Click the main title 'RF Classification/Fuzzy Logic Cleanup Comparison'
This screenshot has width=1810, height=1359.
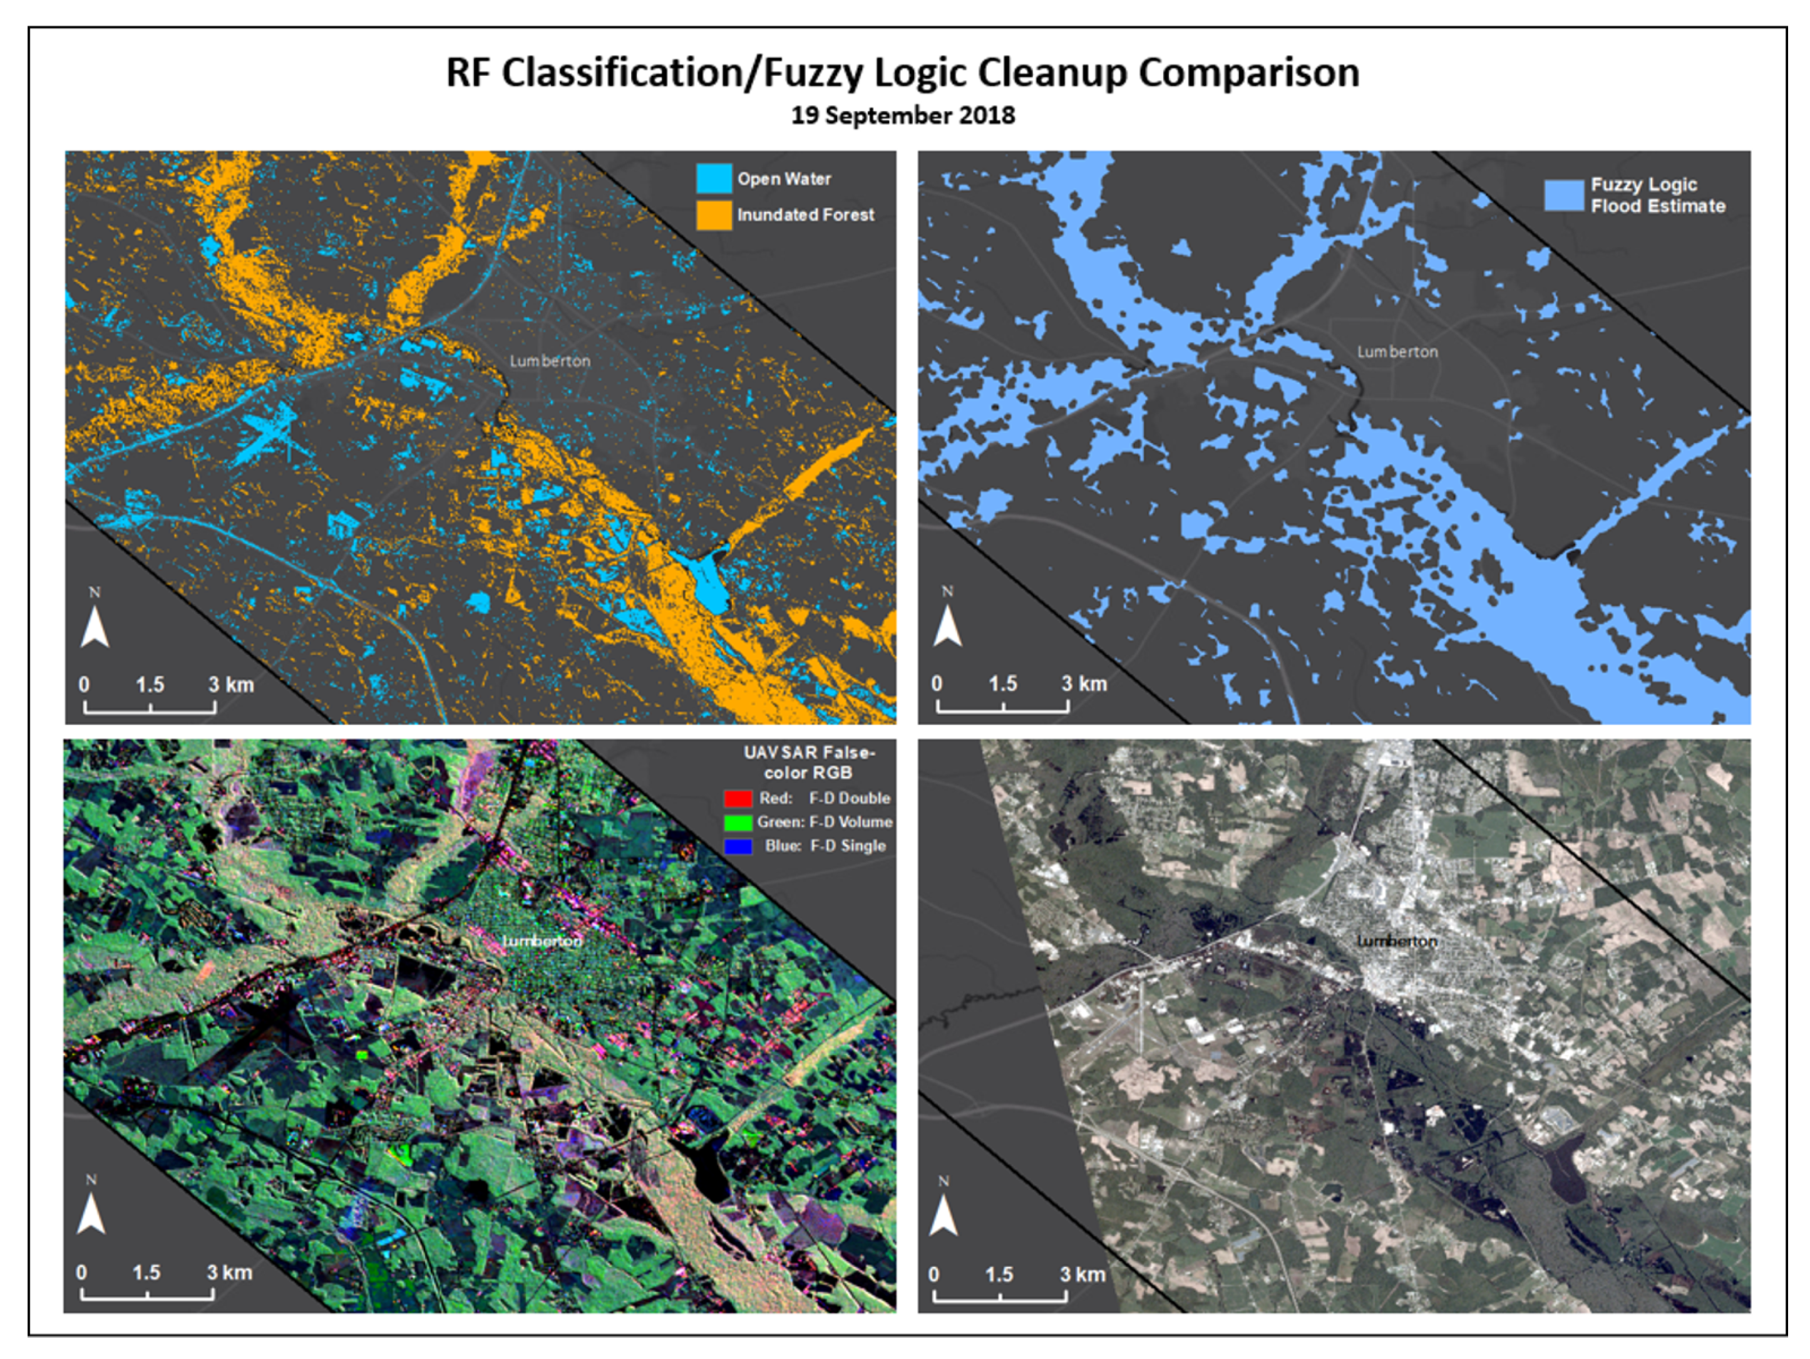[x=903, y=73]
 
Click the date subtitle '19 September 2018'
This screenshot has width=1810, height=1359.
[x=903, y=115]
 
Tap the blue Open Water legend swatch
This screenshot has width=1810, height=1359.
[x=714, y=179]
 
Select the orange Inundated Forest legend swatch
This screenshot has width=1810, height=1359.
[x=714, y=214]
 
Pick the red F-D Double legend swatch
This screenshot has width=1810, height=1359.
[x=738, y=798]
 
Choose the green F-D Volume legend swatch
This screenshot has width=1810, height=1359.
[x=738, y=822]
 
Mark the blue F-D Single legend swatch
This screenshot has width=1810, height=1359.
[x=738, y=846]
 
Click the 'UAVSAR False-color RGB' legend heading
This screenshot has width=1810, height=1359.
[x=808, y=762]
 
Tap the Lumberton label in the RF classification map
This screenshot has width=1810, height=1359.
[x=550, y=361]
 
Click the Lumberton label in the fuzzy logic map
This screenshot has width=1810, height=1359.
[x=1397, y=352]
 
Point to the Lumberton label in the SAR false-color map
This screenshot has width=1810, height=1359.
[x=543, y=942]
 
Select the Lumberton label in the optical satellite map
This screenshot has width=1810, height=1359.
[x=1397, y=942]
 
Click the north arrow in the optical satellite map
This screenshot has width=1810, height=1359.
[x=944, y=1215]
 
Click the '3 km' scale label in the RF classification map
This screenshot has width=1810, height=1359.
[x=231, y=684]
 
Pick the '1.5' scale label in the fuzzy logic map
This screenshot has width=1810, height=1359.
[x=1003, y=684]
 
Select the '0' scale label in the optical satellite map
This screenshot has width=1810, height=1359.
[x=933, y=1274]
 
